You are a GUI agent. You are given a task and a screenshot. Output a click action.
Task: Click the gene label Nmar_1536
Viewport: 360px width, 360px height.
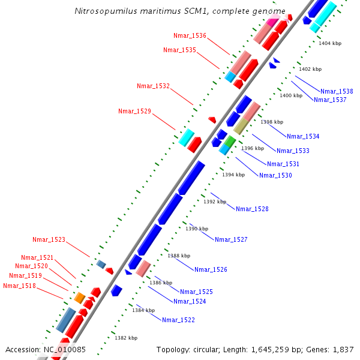pos(190,36)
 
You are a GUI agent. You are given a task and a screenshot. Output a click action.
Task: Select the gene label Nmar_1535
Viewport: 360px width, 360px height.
pos(179,50)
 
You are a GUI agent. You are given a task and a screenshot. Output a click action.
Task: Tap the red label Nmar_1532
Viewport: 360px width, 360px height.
pos(153,86)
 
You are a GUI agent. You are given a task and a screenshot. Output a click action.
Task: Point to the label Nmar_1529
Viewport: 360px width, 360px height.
pos(134,111)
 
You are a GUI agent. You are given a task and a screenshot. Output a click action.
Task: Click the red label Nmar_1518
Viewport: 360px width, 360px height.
pos(19,286)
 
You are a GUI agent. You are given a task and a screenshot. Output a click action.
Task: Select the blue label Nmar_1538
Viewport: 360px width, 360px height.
pos(337,91)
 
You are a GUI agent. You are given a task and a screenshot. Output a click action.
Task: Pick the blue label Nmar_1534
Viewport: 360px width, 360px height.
pos(303,136)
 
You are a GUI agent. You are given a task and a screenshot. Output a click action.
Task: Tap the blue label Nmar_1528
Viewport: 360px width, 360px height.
pos(252,209)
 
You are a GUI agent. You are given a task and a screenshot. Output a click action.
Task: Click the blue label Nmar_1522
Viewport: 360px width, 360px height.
pos(178,320)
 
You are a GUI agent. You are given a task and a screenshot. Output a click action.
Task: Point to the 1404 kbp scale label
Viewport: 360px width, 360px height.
pos(330,44)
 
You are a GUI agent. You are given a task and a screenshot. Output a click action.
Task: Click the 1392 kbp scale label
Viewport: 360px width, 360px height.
pos(215,202)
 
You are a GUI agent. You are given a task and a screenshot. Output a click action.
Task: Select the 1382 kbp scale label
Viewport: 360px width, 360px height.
pos(126,338)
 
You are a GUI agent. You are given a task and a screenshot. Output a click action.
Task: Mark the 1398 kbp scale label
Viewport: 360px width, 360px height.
pos(271,122)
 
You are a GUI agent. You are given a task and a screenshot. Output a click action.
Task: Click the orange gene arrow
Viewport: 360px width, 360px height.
pos(79,298)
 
